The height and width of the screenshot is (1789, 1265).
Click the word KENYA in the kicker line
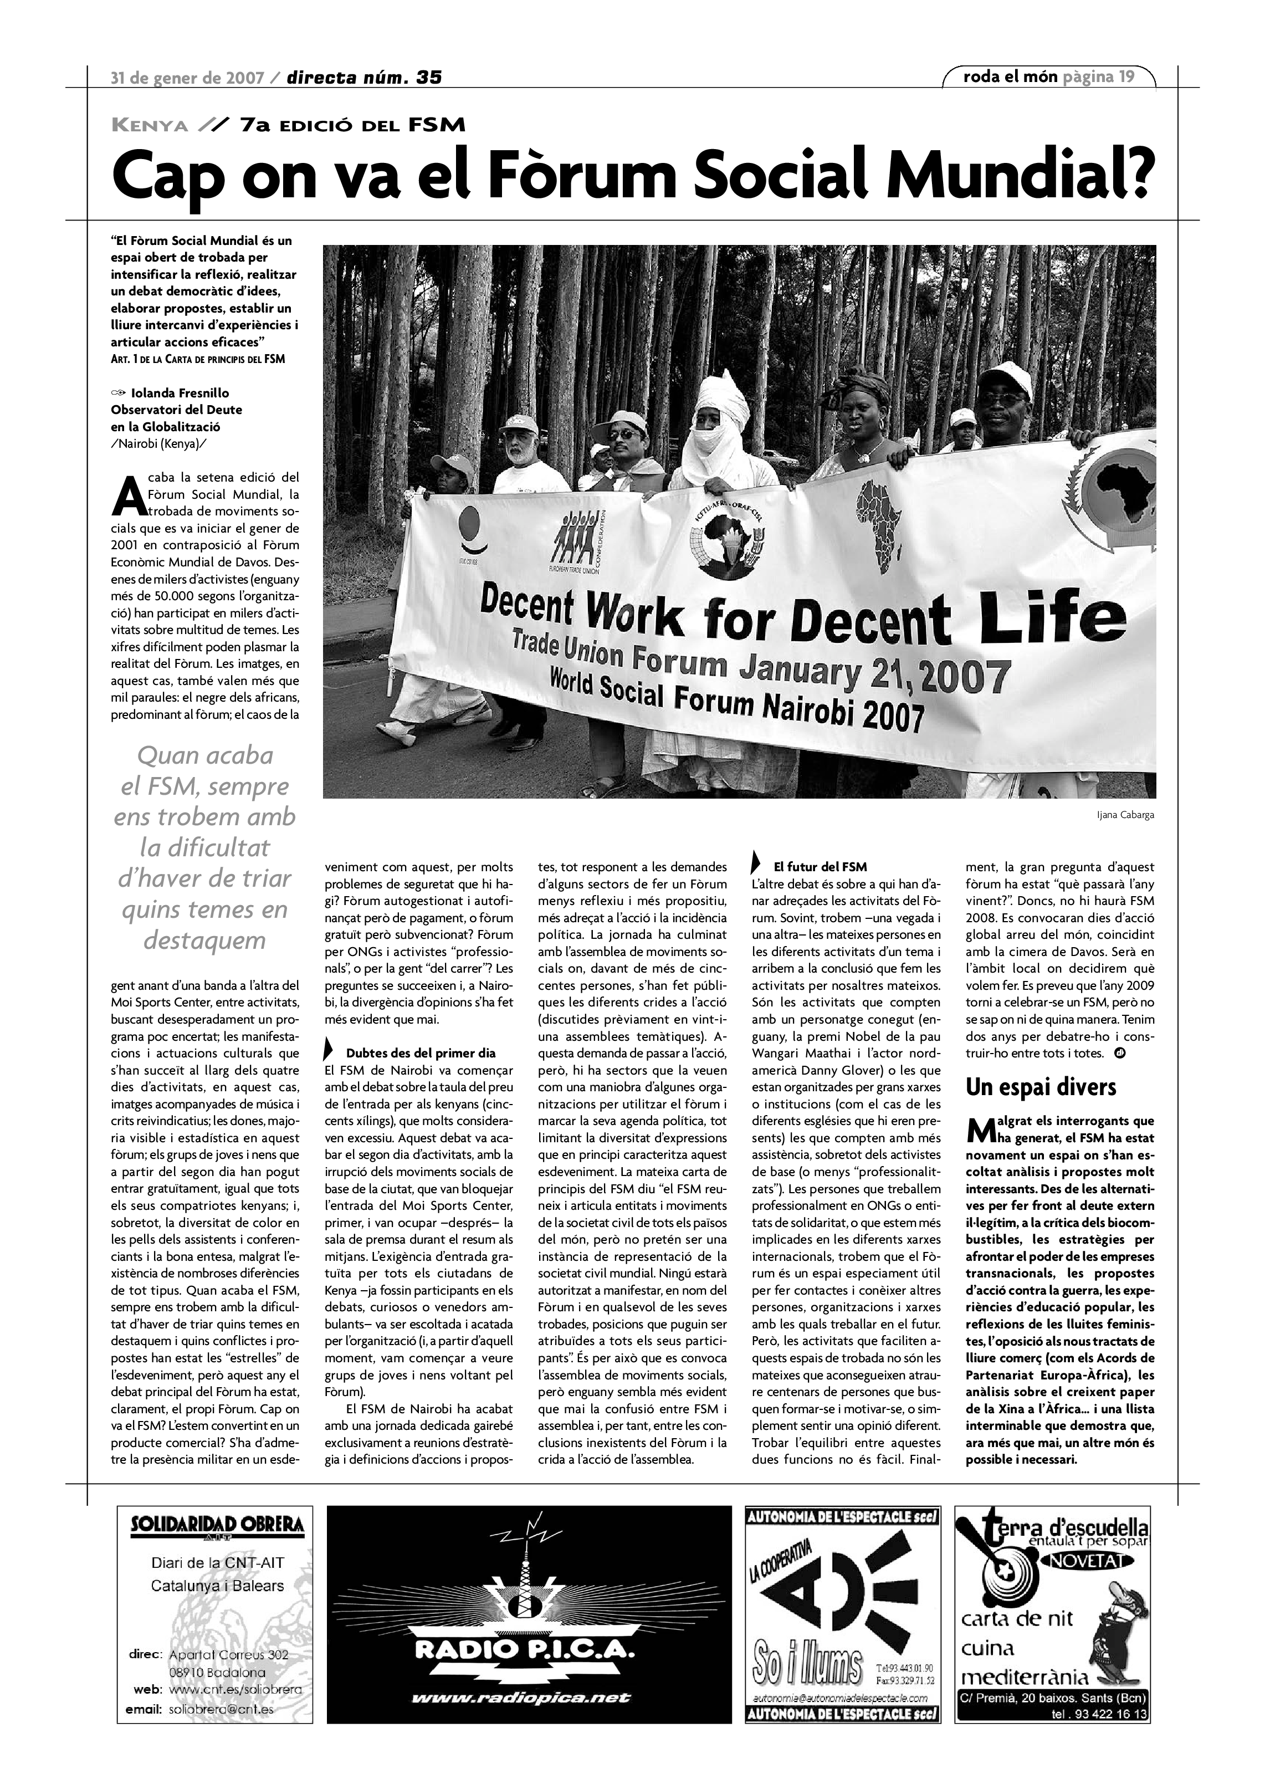point(150,125)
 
